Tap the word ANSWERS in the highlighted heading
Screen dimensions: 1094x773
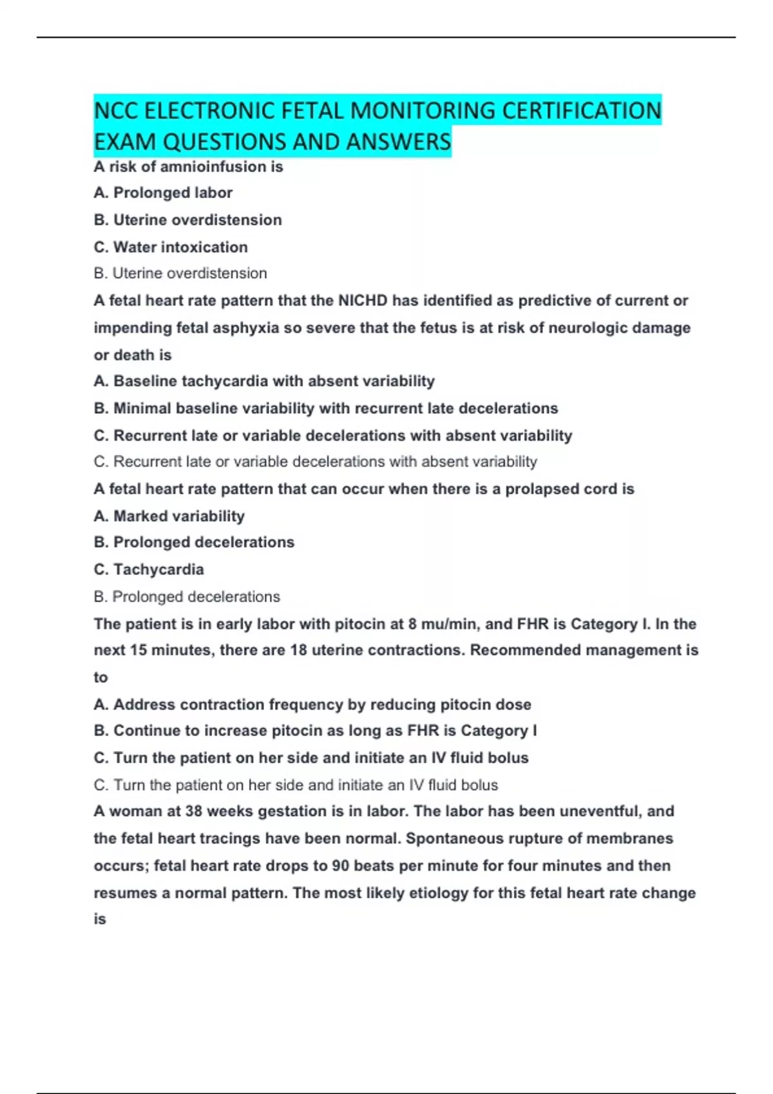point(398,142)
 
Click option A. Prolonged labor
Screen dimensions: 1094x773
point(163,192)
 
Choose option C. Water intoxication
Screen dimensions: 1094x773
point(171,247)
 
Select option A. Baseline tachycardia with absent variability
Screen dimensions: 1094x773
point(264,381)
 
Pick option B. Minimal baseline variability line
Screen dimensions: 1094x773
point(326,408)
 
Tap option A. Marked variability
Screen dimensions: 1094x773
point(169,516)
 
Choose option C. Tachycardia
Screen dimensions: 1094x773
point(149,570)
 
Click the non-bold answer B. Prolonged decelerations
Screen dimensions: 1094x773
point(187,597)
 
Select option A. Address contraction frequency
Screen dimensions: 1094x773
point(312,704)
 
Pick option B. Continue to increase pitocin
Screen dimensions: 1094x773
point(316,730)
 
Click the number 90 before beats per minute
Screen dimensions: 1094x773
point(340,866)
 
